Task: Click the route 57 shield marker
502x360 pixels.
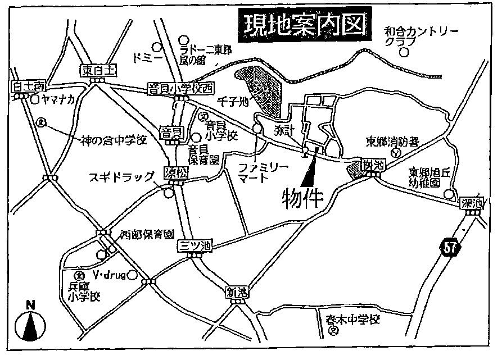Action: (x=447, y=248)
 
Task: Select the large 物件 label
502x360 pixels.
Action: (x=304, y=197)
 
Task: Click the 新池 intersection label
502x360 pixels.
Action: (x=236, y=292)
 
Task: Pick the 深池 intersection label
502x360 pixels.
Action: (x=471, y=203)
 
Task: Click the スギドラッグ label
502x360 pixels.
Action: (x=121, y=177)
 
